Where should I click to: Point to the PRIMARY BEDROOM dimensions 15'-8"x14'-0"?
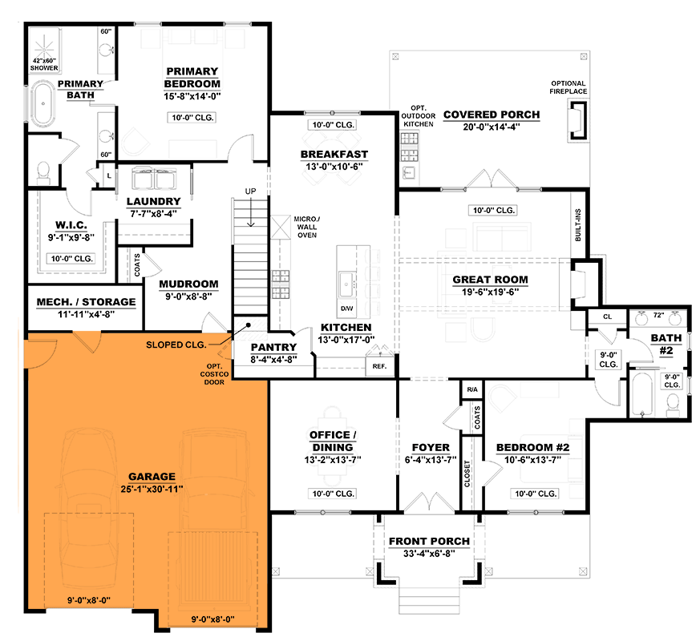click(x=192, y=96)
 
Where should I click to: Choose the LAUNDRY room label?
click(x=153, y=201)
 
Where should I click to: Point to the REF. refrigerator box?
click(x=378, y=365)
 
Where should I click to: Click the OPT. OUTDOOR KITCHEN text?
click(x=417, y=115)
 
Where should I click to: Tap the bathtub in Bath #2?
click(x=641, y=392)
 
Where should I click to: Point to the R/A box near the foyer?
click(x=471, y=389)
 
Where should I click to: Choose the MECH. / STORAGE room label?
click(x=86, y=302)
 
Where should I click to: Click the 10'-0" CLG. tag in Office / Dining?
click(x=333, y=493)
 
